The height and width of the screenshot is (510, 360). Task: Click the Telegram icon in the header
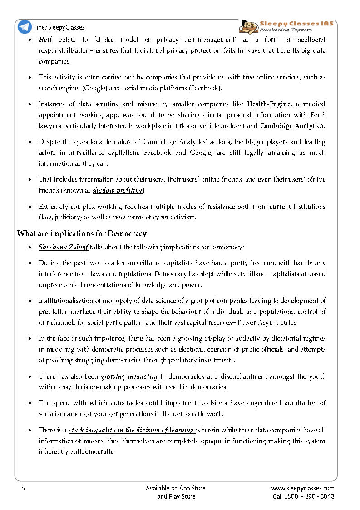click(25, 27)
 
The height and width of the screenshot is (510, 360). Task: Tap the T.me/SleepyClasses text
click(58, 27)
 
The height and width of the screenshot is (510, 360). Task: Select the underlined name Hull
click(45, 40)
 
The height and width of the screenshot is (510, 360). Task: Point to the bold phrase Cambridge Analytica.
click(292, 125)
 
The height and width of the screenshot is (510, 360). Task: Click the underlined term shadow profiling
click(118, 190)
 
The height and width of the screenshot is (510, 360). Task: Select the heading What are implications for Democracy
click(82, 234)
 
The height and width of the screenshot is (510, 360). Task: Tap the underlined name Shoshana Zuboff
click(63, 248)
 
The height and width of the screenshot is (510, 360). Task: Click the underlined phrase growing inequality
click(129, 376)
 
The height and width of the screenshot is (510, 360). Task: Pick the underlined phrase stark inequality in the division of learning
click(131, 430)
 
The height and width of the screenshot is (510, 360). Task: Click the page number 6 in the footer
click(23, 488)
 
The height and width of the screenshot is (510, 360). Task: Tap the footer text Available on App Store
click(175, 488)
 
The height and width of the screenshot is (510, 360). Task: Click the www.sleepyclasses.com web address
click(302, 488)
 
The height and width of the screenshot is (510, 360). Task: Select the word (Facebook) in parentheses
click(205, 88)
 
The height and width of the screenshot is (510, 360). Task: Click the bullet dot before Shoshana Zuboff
click(30, 248)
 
